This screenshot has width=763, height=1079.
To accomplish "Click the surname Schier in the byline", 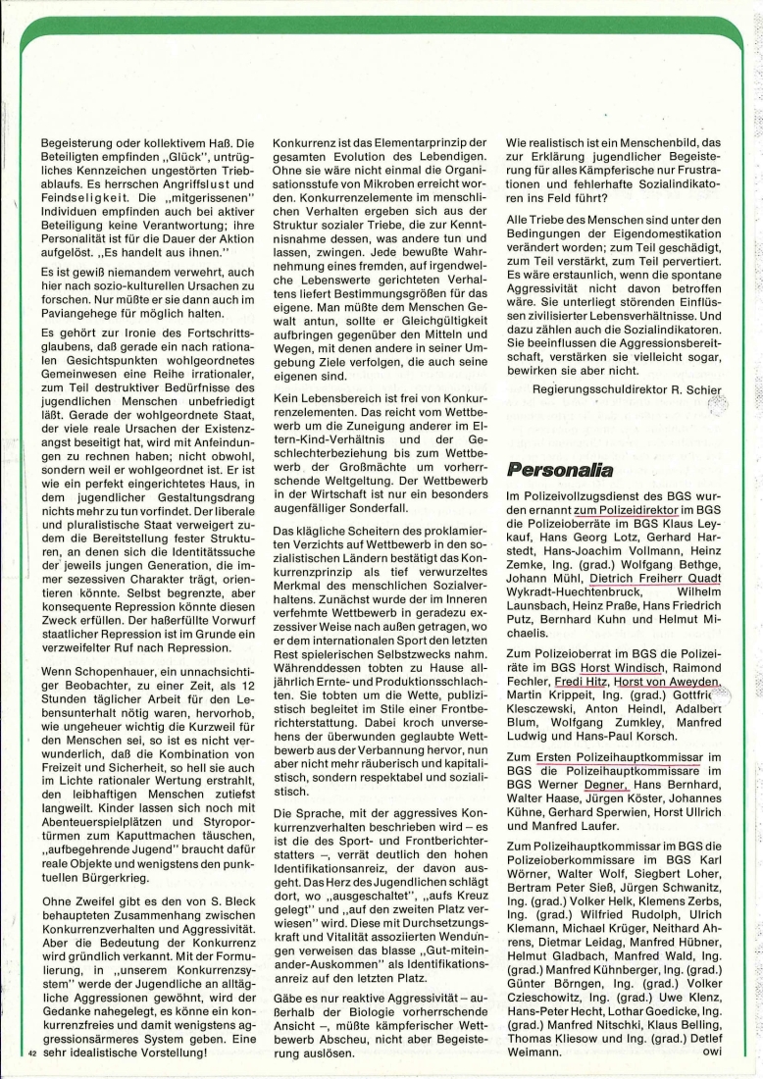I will coord(702,389).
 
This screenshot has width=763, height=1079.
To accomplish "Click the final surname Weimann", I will coord(537,1053).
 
